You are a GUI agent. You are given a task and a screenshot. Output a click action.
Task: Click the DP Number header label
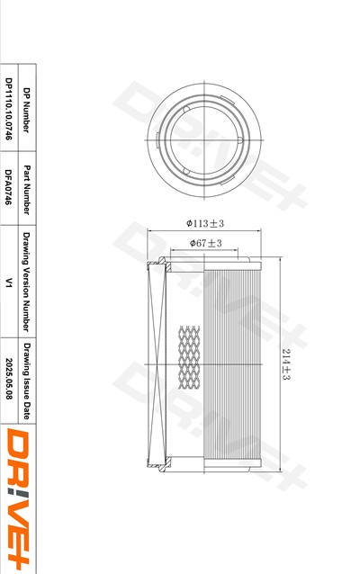[26, 110]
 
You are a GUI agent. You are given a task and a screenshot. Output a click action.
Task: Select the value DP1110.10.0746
[9, 109]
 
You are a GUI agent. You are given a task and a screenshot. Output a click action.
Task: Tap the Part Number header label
[26, 189]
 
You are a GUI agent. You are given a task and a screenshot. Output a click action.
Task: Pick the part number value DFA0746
[9, 187]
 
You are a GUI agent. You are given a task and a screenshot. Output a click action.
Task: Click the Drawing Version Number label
[26, 282]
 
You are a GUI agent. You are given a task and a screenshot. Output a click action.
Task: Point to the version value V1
[9, 283]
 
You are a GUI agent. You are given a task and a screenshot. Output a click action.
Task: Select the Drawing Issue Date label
[26, 381]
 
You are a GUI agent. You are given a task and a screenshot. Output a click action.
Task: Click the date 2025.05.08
[9, 379]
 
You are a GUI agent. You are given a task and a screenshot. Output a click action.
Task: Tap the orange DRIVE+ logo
[18, 499]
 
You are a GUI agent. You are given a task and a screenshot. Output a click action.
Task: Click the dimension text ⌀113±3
[204, 223]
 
